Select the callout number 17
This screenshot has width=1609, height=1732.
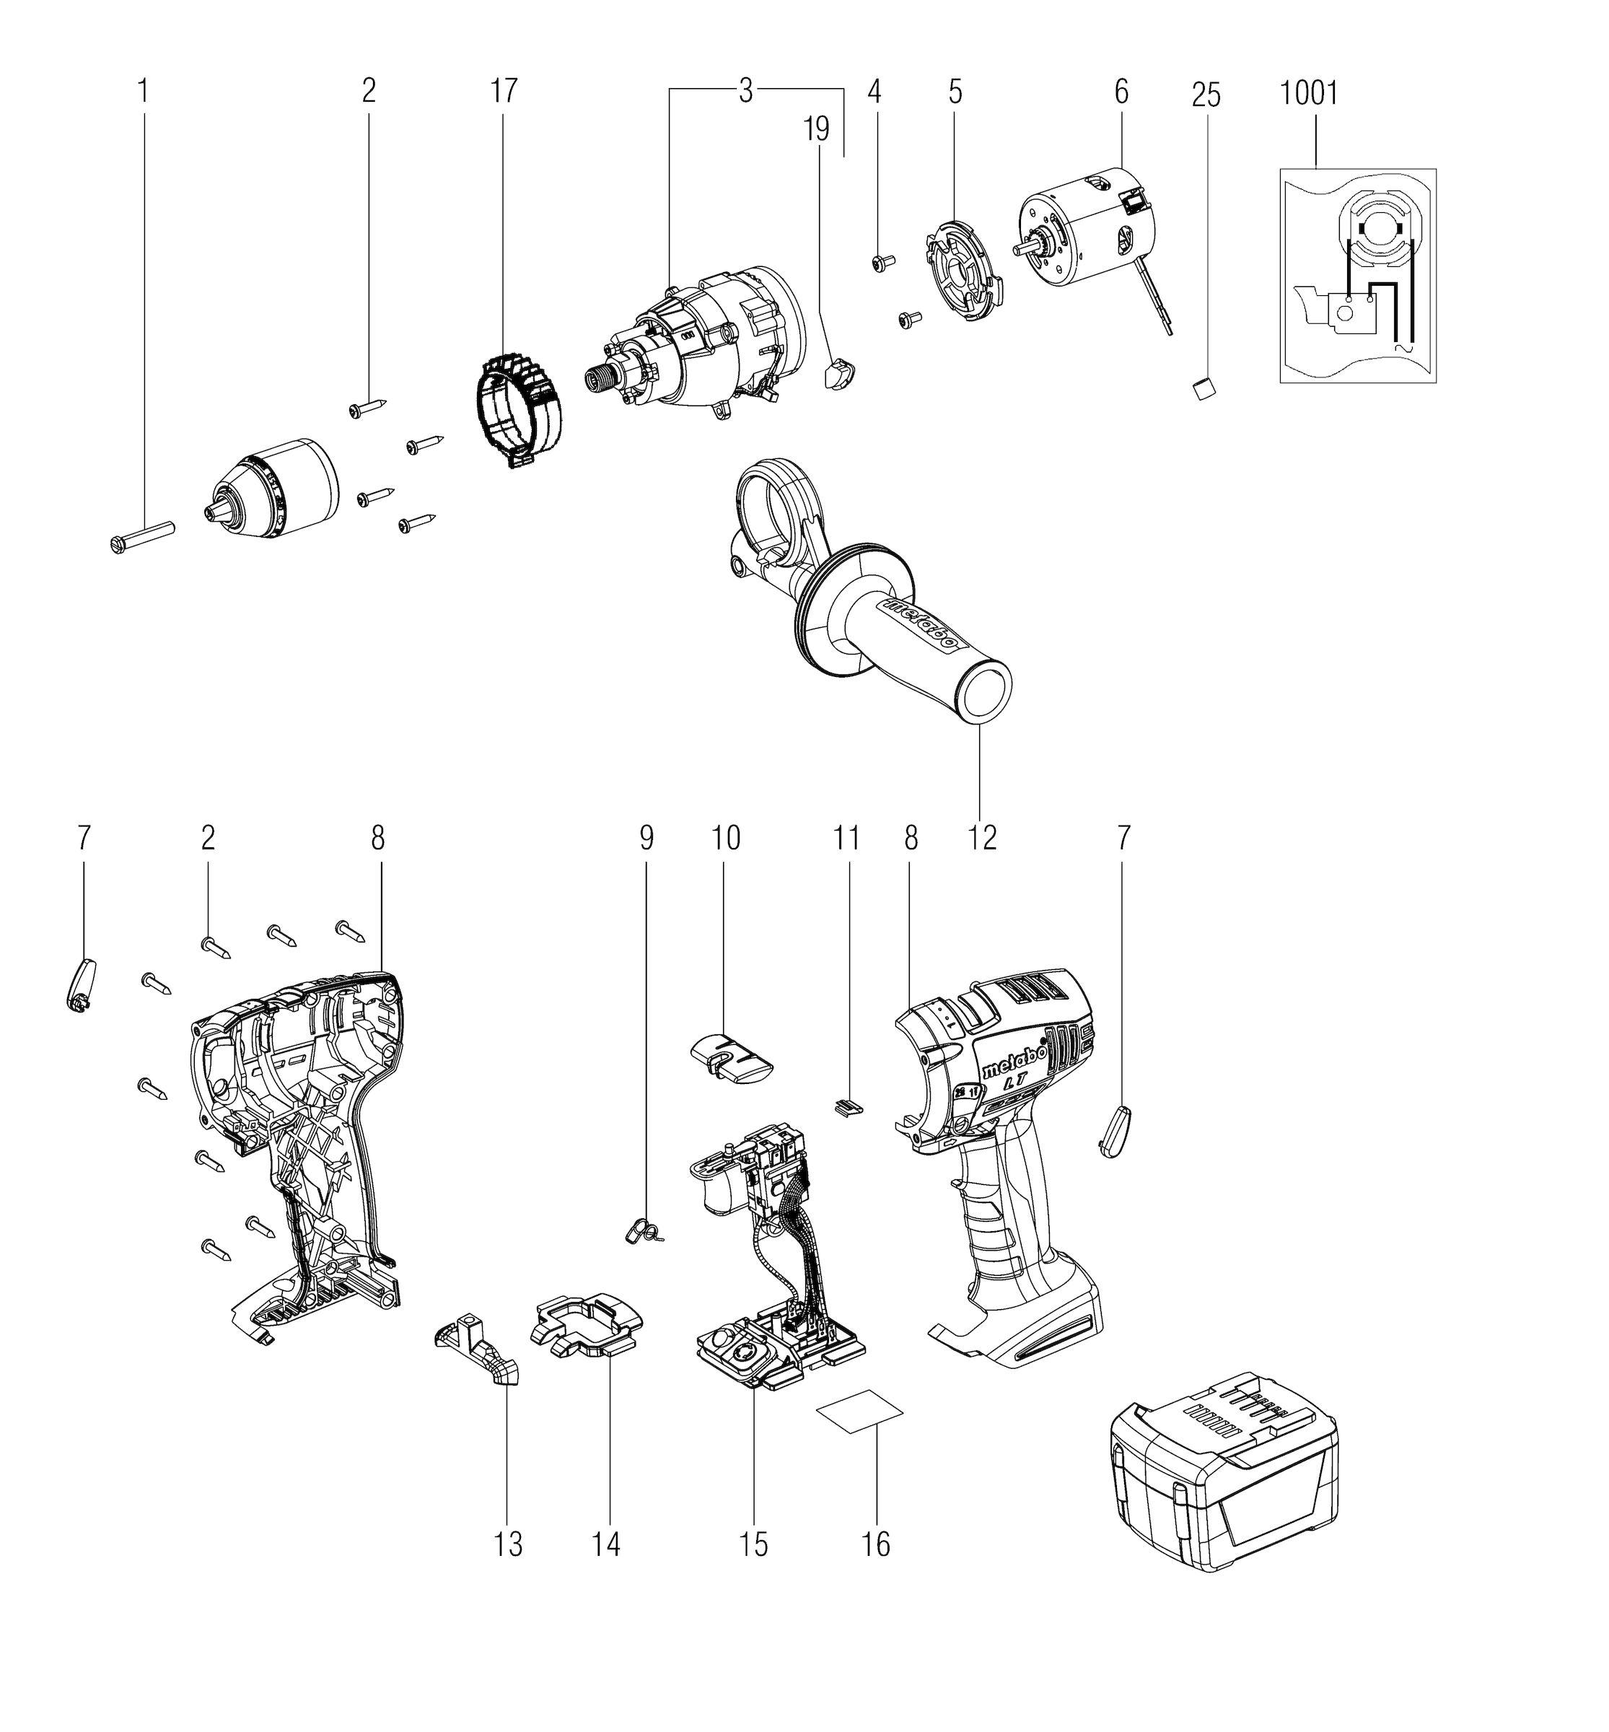coord(503,90)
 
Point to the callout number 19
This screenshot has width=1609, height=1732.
coord(817,130)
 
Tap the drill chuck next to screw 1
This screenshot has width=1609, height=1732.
coord(271,489)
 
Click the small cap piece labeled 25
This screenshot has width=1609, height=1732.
coord(1204,388)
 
